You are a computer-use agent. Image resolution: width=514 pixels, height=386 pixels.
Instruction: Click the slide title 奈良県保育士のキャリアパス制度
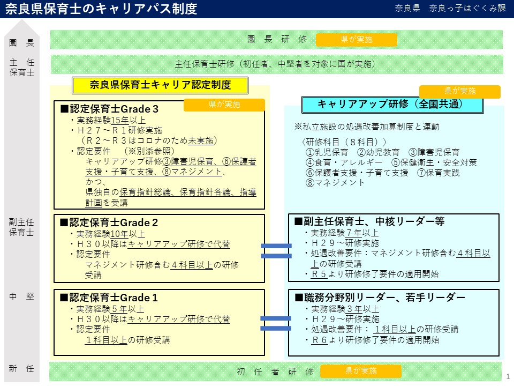[x=101, y=9]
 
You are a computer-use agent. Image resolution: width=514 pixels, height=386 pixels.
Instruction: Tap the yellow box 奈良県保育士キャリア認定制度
[x=160, y=85]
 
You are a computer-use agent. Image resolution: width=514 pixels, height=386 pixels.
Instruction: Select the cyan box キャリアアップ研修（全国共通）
[x=392, y=105]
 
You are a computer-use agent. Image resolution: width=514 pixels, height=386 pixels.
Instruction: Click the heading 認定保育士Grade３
[x=110, y=109]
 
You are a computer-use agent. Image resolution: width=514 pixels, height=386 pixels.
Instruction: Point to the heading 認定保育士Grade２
[x=109, y=222]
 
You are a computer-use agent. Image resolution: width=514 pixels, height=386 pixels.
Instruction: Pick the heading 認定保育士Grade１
[x=109, y=298]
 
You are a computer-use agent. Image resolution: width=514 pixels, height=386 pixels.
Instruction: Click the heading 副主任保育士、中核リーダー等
[x=369, y=221]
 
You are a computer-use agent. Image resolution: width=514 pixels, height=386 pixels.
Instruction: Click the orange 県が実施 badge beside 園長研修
[x=357, y=40]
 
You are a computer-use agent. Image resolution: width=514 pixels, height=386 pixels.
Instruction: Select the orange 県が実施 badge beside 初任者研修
[x=360, y=371]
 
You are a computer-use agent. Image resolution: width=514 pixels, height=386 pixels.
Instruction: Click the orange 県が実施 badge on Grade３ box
[x=224, y=105]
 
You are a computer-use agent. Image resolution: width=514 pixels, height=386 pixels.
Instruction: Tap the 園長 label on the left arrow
[x=21, y=43]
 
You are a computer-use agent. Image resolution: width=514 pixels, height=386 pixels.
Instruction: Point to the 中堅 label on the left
[x=21, y=296]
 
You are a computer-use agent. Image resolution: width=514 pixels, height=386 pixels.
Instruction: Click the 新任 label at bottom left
[x=21, y=369]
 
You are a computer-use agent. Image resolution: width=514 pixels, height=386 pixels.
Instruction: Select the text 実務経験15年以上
[x=111, y=121]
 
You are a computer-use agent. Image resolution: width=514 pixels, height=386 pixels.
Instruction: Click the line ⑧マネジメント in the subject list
[x=335, y=183]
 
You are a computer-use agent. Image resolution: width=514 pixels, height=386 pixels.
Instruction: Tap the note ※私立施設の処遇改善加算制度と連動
[x=366, y=127]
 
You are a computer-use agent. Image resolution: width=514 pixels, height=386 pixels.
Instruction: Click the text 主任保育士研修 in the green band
[x=205, y=64]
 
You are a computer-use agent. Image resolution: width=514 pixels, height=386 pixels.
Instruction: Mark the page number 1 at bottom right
[x=508, y=376]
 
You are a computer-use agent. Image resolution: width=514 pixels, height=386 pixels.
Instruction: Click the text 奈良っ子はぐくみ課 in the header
[x=467, y=8]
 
